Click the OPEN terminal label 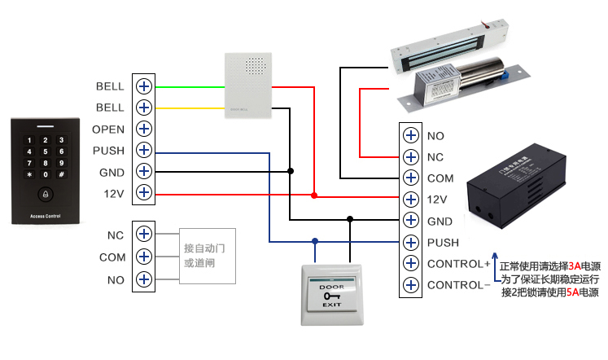click(x=108, y=130)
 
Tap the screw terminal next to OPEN click(x=144, y=129)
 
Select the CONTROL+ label click(x=459, y=264)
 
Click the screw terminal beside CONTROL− click(x=410, y=285)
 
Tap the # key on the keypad click(x=61, y=174)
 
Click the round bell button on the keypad click(x=46, y=195)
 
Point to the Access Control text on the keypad click(x=46, y=217)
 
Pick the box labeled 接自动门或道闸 click(x=207, y=256)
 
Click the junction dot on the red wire click(x=314, y=195)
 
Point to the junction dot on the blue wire click(x=314, y=241)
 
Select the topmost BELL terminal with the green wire click(x=144, y=86)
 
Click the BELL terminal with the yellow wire click(x=144, y=108)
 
